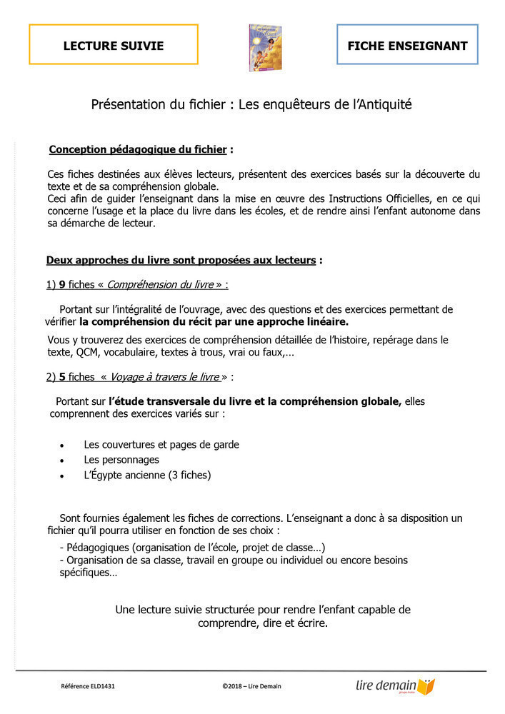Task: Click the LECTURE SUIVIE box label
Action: coord(114,46)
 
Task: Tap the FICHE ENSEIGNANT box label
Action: coord(407,46)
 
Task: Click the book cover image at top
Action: coord(266,48)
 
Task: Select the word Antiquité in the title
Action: coord(383,105)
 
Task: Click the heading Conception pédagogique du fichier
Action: coord(138,150)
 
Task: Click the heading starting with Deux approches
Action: coord(181,261)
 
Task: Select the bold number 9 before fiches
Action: coord(62,285)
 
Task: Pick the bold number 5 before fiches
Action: coord(62,376)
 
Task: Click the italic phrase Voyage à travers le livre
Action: coord(164,376)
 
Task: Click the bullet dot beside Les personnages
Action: coord(63,461)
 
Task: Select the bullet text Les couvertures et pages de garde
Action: coord(161,445)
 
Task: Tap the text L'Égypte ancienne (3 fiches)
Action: coord(147,475)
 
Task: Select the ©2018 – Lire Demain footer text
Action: coord(251,687)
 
